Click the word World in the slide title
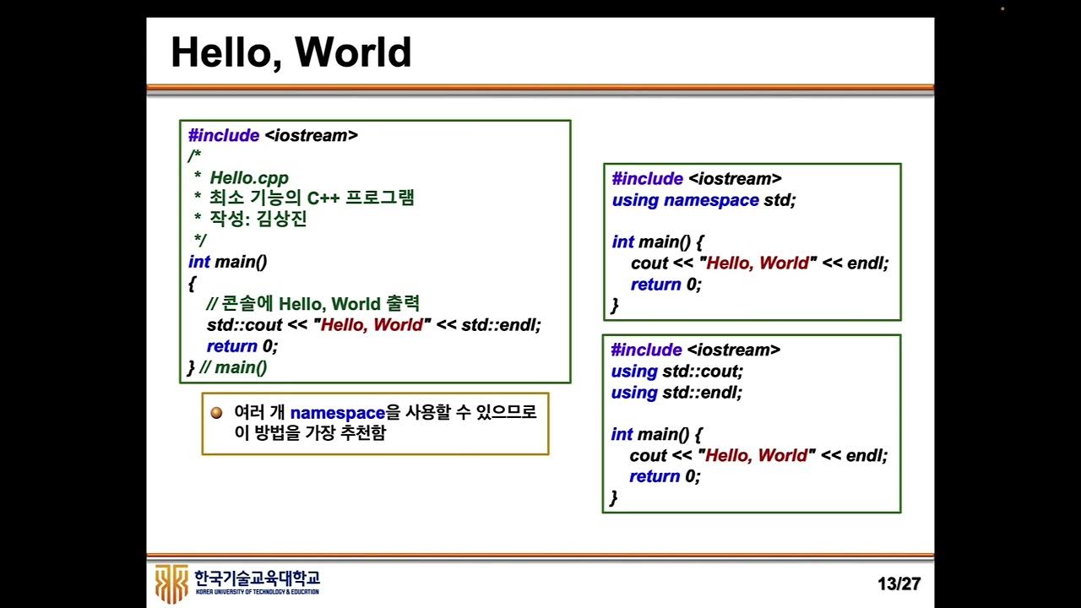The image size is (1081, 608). pyautogui.click(x=353, y=52)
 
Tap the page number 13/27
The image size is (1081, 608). pyautogui.click(x=899, y=584)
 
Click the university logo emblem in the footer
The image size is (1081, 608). pyautogui.click(x=172, y=583)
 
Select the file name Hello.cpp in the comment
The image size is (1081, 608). pyautogui.click(x=249, y=178)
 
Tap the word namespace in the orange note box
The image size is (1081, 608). pyautogui.click(x=337, y=414)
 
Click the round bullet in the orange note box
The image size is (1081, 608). pyautogui.click(x=217, y=413)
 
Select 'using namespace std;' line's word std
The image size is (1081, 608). pyautogui.click(x=780, y=200)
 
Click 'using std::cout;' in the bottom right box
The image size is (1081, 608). pyautogui.click(x=677, y=372)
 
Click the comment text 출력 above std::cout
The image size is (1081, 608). pyautogui.click(x=403, y=304)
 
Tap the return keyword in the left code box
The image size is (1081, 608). pyautogui.click(x=231, y=346)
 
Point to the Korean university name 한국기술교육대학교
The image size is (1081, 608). pyautogui.click(x=257, y=578)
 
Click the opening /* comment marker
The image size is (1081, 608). pyautogui.click(x=194, y=157)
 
